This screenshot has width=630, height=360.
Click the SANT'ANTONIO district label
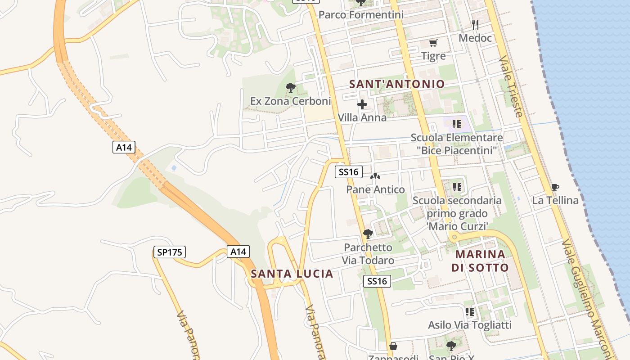tap(397, 84)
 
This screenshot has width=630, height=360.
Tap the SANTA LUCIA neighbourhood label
tap(292, 274)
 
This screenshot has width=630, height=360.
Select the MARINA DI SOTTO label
tap(480, 261)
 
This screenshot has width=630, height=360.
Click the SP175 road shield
tap(170, 252)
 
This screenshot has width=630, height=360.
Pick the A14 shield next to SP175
tap(238, 252)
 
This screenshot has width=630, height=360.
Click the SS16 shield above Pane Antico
tap(348, 171)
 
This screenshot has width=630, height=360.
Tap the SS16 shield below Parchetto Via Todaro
tap(377, 281)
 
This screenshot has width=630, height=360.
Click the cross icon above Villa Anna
tap(362, 105)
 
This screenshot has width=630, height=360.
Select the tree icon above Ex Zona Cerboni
tap(290, 88)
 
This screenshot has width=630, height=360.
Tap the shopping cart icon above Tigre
tap(433, 43)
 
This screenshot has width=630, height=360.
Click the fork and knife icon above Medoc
tap(475, 24)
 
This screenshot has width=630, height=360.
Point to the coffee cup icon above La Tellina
tap(555, 187)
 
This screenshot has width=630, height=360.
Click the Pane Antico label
tap(375, 189)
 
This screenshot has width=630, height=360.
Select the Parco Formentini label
tap(361, 15)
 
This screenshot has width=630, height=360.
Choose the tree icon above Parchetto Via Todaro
tap(368, 234)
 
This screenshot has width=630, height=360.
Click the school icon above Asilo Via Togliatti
tap(469, 311)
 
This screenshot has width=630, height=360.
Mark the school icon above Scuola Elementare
tap(457, 124)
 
